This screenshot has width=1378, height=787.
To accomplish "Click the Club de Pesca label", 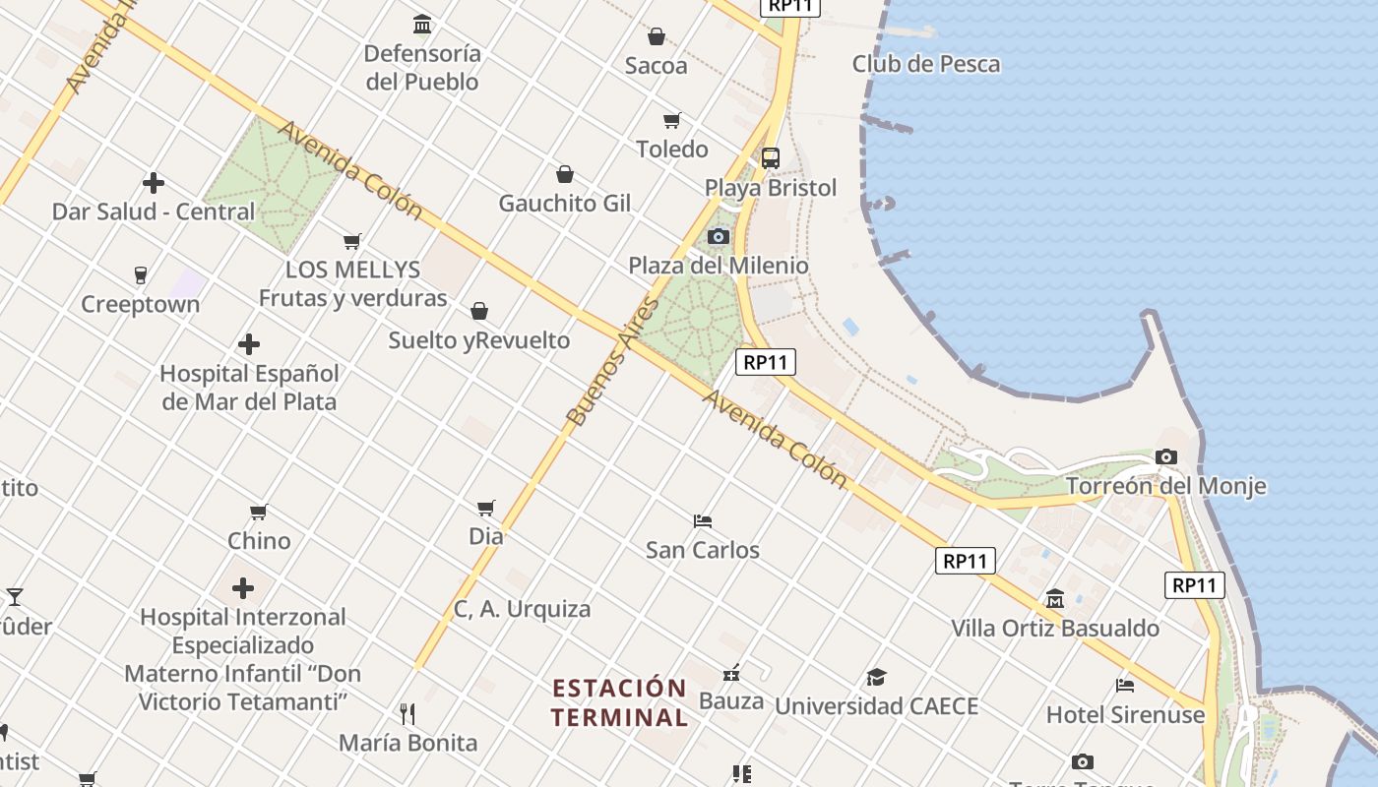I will click(x=925, y=64).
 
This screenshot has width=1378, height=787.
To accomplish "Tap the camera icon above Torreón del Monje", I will click(x=1166, y=456).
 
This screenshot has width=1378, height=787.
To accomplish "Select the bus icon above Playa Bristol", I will click(x=771, y=157).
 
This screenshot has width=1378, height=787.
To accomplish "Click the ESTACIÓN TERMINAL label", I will click(x=619, y=702).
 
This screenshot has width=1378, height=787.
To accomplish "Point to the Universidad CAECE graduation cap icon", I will click(x=876, y=677).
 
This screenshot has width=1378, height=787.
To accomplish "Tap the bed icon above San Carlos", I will click(x=702, y=520).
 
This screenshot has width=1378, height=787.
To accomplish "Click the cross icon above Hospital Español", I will click(x=249, y=344).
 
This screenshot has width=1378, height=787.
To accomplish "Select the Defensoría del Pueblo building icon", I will click(x=422, y=24).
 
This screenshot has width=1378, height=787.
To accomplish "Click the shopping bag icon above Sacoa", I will click(x=657, y=37).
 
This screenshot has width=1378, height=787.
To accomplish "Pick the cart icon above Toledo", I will click(x=672, y=120).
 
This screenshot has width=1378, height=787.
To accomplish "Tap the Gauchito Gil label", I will click(x=565, y=204).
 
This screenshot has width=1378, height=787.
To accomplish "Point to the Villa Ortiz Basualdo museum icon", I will click(x=1055, y=598).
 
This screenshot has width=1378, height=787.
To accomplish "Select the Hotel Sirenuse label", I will click(x=1125, y=714).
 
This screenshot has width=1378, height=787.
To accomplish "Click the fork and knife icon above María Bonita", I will click(x=407, y=713).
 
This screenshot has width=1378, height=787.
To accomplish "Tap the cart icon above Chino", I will click(x=259, y=512).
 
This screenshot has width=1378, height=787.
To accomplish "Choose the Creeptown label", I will click(x=140, y=304).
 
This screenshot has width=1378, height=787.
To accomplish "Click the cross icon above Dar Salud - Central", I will click(x=153, y=183).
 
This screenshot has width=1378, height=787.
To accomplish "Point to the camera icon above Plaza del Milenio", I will click(x=719, y=236).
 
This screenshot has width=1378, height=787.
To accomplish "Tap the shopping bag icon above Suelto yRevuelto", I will click(x=479, y=311).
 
